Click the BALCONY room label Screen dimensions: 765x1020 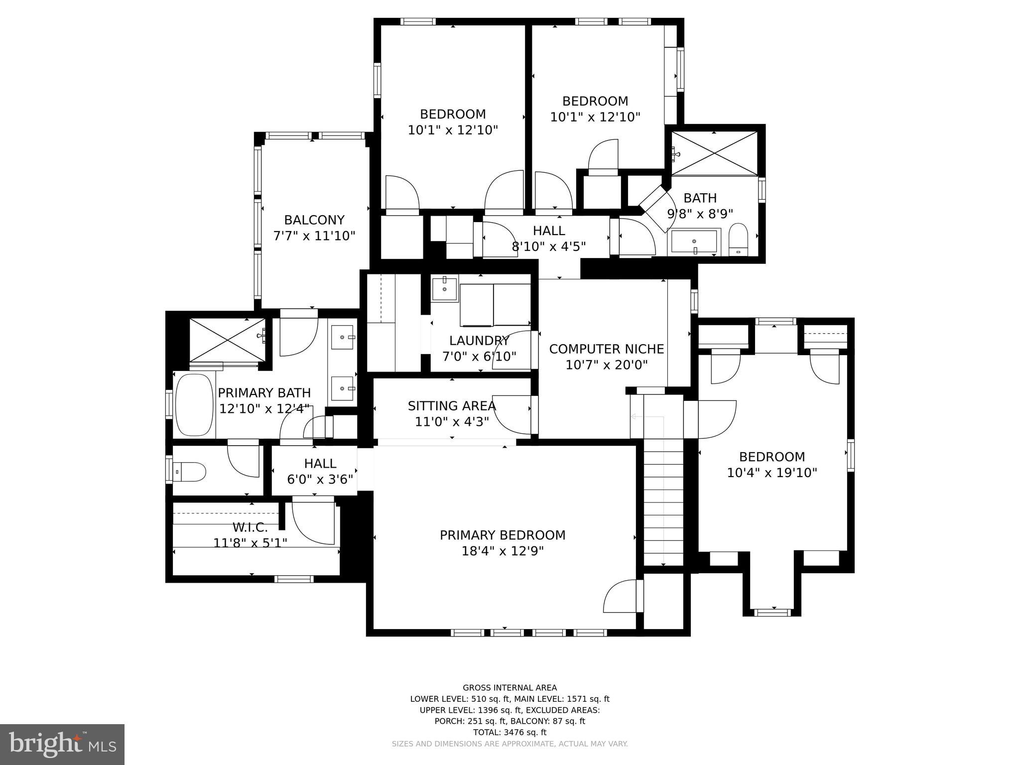314,220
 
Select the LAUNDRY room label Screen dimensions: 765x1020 479,341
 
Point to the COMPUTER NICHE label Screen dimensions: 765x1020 606,349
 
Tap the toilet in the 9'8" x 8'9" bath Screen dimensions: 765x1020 739,240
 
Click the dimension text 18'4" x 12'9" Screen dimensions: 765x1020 502,551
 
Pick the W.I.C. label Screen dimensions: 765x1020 250,527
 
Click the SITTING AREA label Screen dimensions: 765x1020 452,406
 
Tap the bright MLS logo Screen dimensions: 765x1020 62,745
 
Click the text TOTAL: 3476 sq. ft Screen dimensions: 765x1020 510,732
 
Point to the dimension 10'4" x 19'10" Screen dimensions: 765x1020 772,473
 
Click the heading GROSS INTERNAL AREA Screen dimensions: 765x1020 510,688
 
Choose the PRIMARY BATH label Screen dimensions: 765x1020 264,392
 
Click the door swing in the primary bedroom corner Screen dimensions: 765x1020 621,597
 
